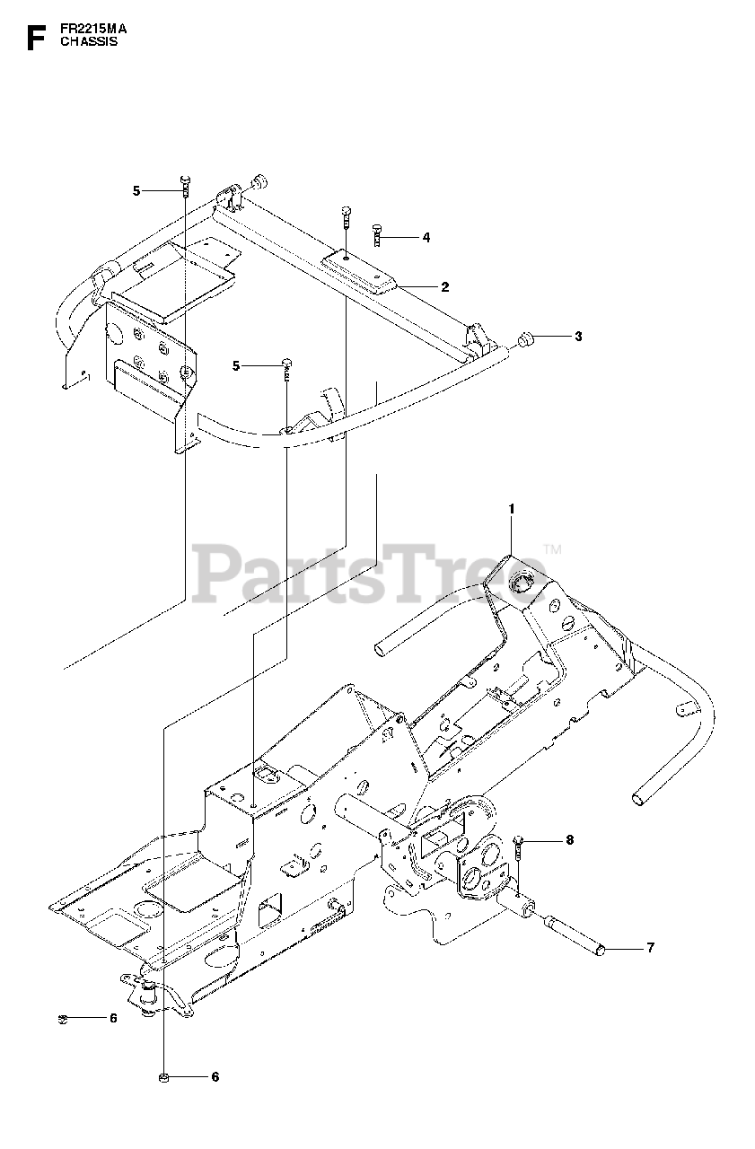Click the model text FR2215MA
tap(94, 28)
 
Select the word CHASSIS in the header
tap(89, 41)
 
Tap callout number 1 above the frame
tap(511, 509)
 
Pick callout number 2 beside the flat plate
tap(444, 286)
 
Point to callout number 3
tap(579, 337)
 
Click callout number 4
tap(426, 237)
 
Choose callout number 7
tap(651, 947)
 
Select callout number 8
tap(568, 840)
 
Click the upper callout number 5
tap(136, 190)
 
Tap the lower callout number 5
tap(236, 365)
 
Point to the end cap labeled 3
tap(525, 339)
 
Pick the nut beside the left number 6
tap(64, 1018)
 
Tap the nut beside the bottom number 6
tap(163, 1076)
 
